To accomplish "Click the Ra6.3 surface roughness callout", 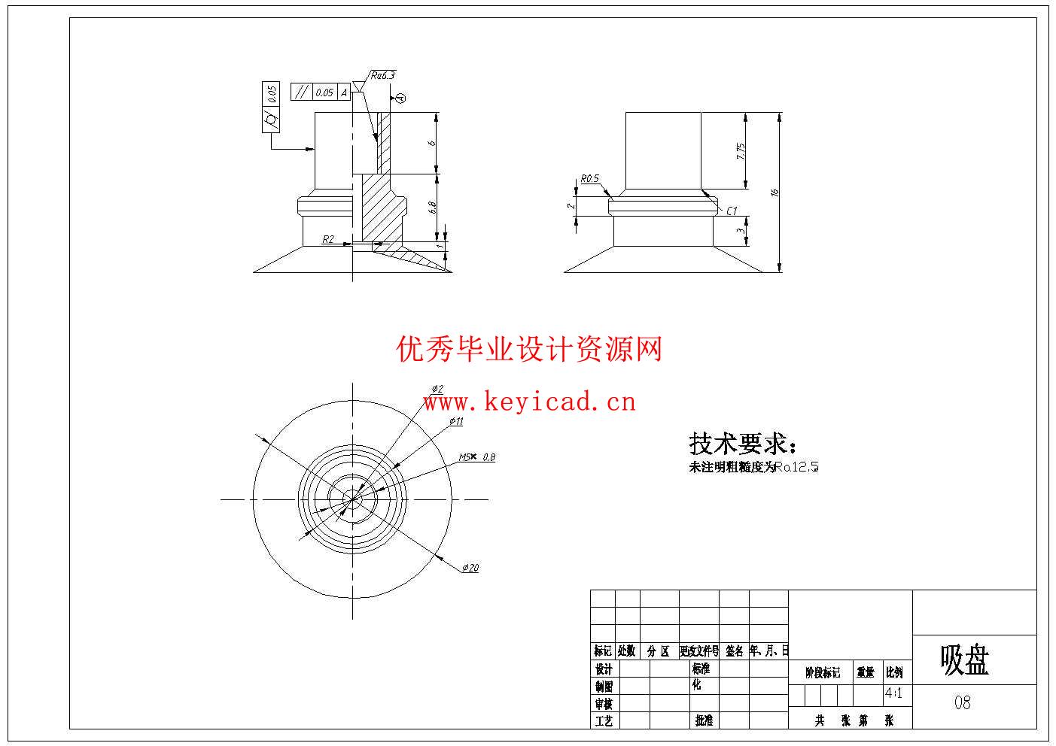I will [382, 75].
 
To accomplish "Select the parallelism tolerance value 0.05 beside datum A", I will [324, 92].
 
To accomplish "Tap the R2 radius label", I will [328, 239].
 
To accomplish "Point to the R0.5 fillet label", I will [589, 179].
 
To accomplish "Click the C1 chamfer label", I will [732, 211].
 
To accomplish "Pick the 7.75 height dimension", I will [741, 150].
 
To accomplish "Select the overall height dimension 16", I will [775, 193].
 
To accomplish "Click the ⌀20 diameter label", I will [470, 568].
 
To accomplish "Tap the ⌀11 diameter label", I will [456, 421].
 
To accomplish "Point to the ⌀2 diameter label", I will [437, 389].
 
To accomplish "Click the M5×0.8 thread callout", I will [477, 457].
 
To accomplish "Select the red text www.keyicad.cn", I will [529, 402].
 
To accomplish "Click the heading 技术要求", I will [742, 444].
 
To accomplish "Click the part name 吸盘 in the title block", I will [964, 660].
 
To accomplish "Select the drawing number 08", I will [963, 703].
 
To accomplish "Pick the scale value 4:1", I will [894, 693].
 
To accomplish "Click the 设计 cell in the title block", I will [604, 669].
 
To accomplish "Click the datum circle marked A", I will [400, 98].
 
